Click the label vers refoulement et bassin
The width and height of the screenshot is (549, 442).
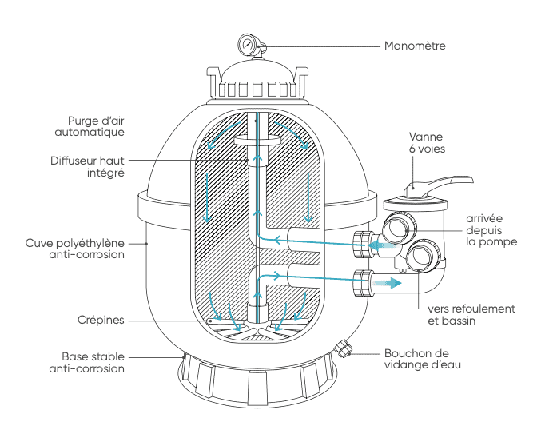[x=472, y=314]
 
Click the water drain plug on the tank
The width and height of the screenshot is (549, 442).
[x=344, y=349]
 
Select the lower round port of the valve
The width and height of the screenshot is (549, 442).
[x=420, y=257]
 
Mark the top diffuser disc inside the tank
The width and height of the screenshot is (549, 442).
[x=255, y=142]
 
